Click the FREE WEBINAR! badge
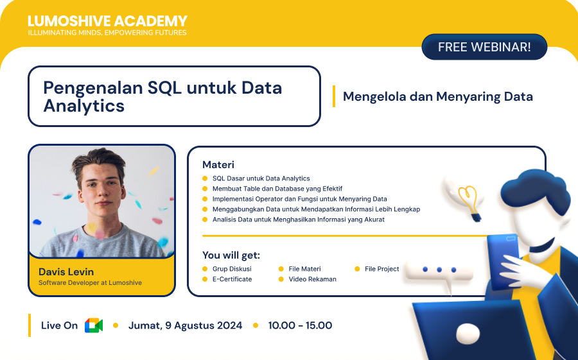(x=484, y=47)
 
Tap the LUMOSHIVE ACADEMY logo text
(x=107, y=21)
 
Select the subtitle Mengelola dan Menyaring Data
(x=437, y=97)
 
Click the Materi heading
(x=218, y=165)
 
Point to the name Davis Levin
(x=66, y=271)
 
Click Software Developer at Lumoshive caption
(x=90, y=282)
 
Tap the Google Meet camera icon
(x=94, y=325)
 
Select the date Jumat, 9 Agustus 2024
(x=185, y=325)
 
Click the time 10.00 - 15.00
(x=300, y=325)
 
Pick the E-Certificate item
(x=232, y=279)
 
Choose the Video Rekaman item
(x=312, y=279)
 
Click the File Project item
(x=381, y=269)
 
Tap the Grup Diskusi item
(x=231, y=269)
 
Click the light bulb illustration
(x=470, y=200)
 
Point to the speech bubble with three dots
(x=439, y=271)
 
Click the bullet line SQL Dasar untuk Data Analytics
(x=261, y=178)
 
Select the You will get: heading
(x=231, y=255)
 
